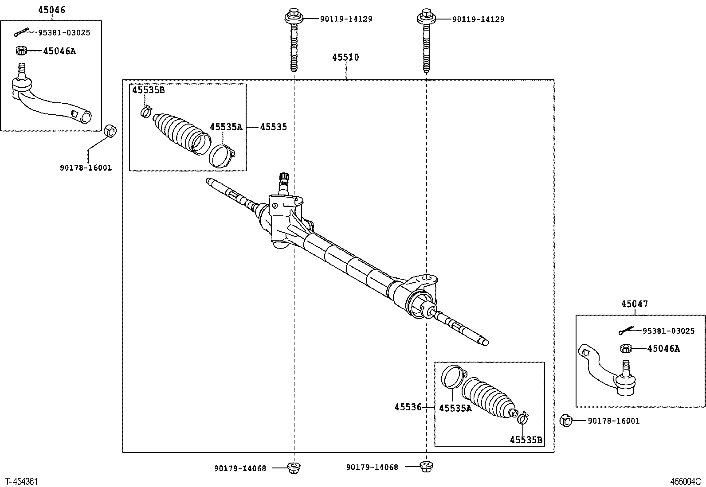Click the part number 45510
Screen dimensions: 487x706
[x=346, y=57]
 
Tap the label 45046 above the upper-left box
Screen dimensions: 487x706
[x=51, y=10]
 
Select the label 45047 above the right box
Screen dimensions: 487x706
[x=634, y=304]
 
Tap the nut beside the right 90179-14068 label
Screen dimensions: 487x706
[x=427, y=466]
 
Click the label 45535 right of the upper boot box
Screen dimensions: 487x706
[x=273, y=127]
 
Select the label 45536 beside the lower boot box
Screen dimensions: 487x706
[x=408, y=407]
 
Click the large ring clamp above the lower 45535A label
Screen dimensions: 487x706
[x=452, y=376]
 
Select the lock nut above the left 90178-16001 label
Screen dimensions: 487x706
[x=110, y=132]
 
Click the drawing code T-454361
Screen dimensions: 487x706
[x=21, y=481]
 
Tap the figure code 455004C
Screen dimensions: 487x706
[x=685, y=481]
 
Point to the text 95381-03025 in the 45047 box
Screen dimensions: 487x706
[x=668, y=331]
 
